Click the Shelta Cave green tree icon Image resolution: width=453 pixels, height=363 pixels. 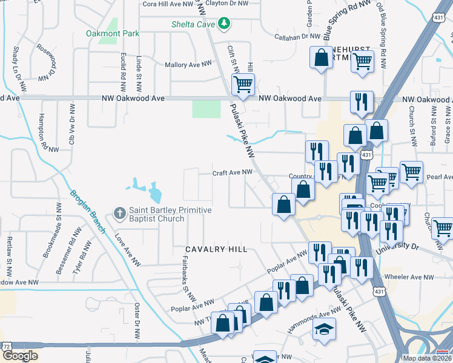[225, 23]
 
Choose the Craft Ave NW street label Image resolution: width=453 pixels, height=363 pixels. [232, 173]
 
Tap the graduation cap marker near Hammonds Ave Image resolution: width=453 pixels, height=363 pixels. [324, 329]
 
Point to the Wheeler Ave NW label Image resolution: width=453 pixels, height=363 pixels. [413, 278]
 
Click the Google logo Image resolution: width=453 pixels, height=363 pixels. [20, 355]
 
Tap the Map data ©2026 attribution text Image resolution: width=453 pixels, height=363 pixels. [427, 358]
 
